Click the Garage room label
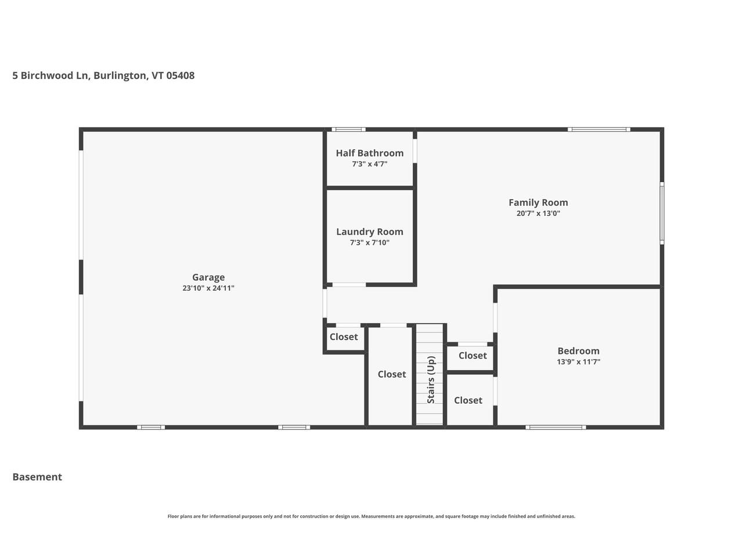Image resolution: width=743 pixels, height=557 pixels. pyautogui.click(x=208, y=277)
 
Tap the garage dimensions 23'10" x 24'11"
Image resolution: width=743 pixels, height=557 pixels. pyautogui.click(x=208, y=288)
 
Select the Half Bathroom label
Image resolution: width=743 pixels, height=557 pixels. pyautogui.click(x=370, y=153)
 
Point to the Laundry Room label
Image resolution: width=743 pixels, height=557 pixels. pyautogui.click(x=370, y=232)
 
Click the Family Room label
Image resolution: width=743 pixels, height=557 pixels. pyautogui.click(x=538, y=202)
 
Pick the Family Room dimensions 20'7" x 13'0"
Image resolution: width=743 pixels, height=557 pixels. pyautogui.click(x=538, y=214)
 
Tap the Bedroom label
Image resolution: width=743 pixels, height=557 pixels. pyautogui.click(x=578, y=351)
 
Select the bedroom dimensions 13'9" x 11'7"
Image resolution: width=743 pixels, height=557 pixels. pyautogui.click(x=578, y=362)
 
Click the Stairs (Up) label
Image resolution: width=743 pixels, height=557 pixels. pyautogui.click(x=431, y=380)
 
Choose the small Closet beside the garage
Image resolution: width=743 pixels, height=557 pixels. pyautogui.click(x=344, y=337)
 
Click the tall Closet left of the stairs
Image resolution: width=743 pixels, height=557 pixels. pyautogui.click(x=392, y=374)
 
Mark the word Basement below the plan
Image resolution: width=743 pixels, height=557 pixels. pyautogui.click(x=37, y=477)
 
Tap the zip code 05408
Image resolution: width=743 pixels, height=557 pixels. pyautogui.click(x=181, y=75)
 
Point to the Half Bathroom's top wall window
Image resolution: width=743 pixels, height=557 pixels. pyautogui.click(x=348, y=129)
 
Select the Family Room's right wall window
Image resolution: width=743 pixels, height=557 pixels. pyautogui.click(x=662, y=212)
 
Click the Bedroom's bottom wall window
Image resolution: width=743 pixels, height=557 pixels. pyautogui.click(x=556, y=428)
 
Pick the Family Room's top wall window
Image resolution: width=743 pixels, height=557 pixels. pyautogui.click(x=599, y=129)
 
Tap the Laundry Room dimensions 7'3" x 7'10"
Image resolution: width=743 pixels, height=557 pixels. pyautogui.click(x=370, y=243)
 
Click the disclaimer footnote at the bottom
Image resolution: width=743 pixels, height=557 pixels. pyautogui.click(x=371, y=516)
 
